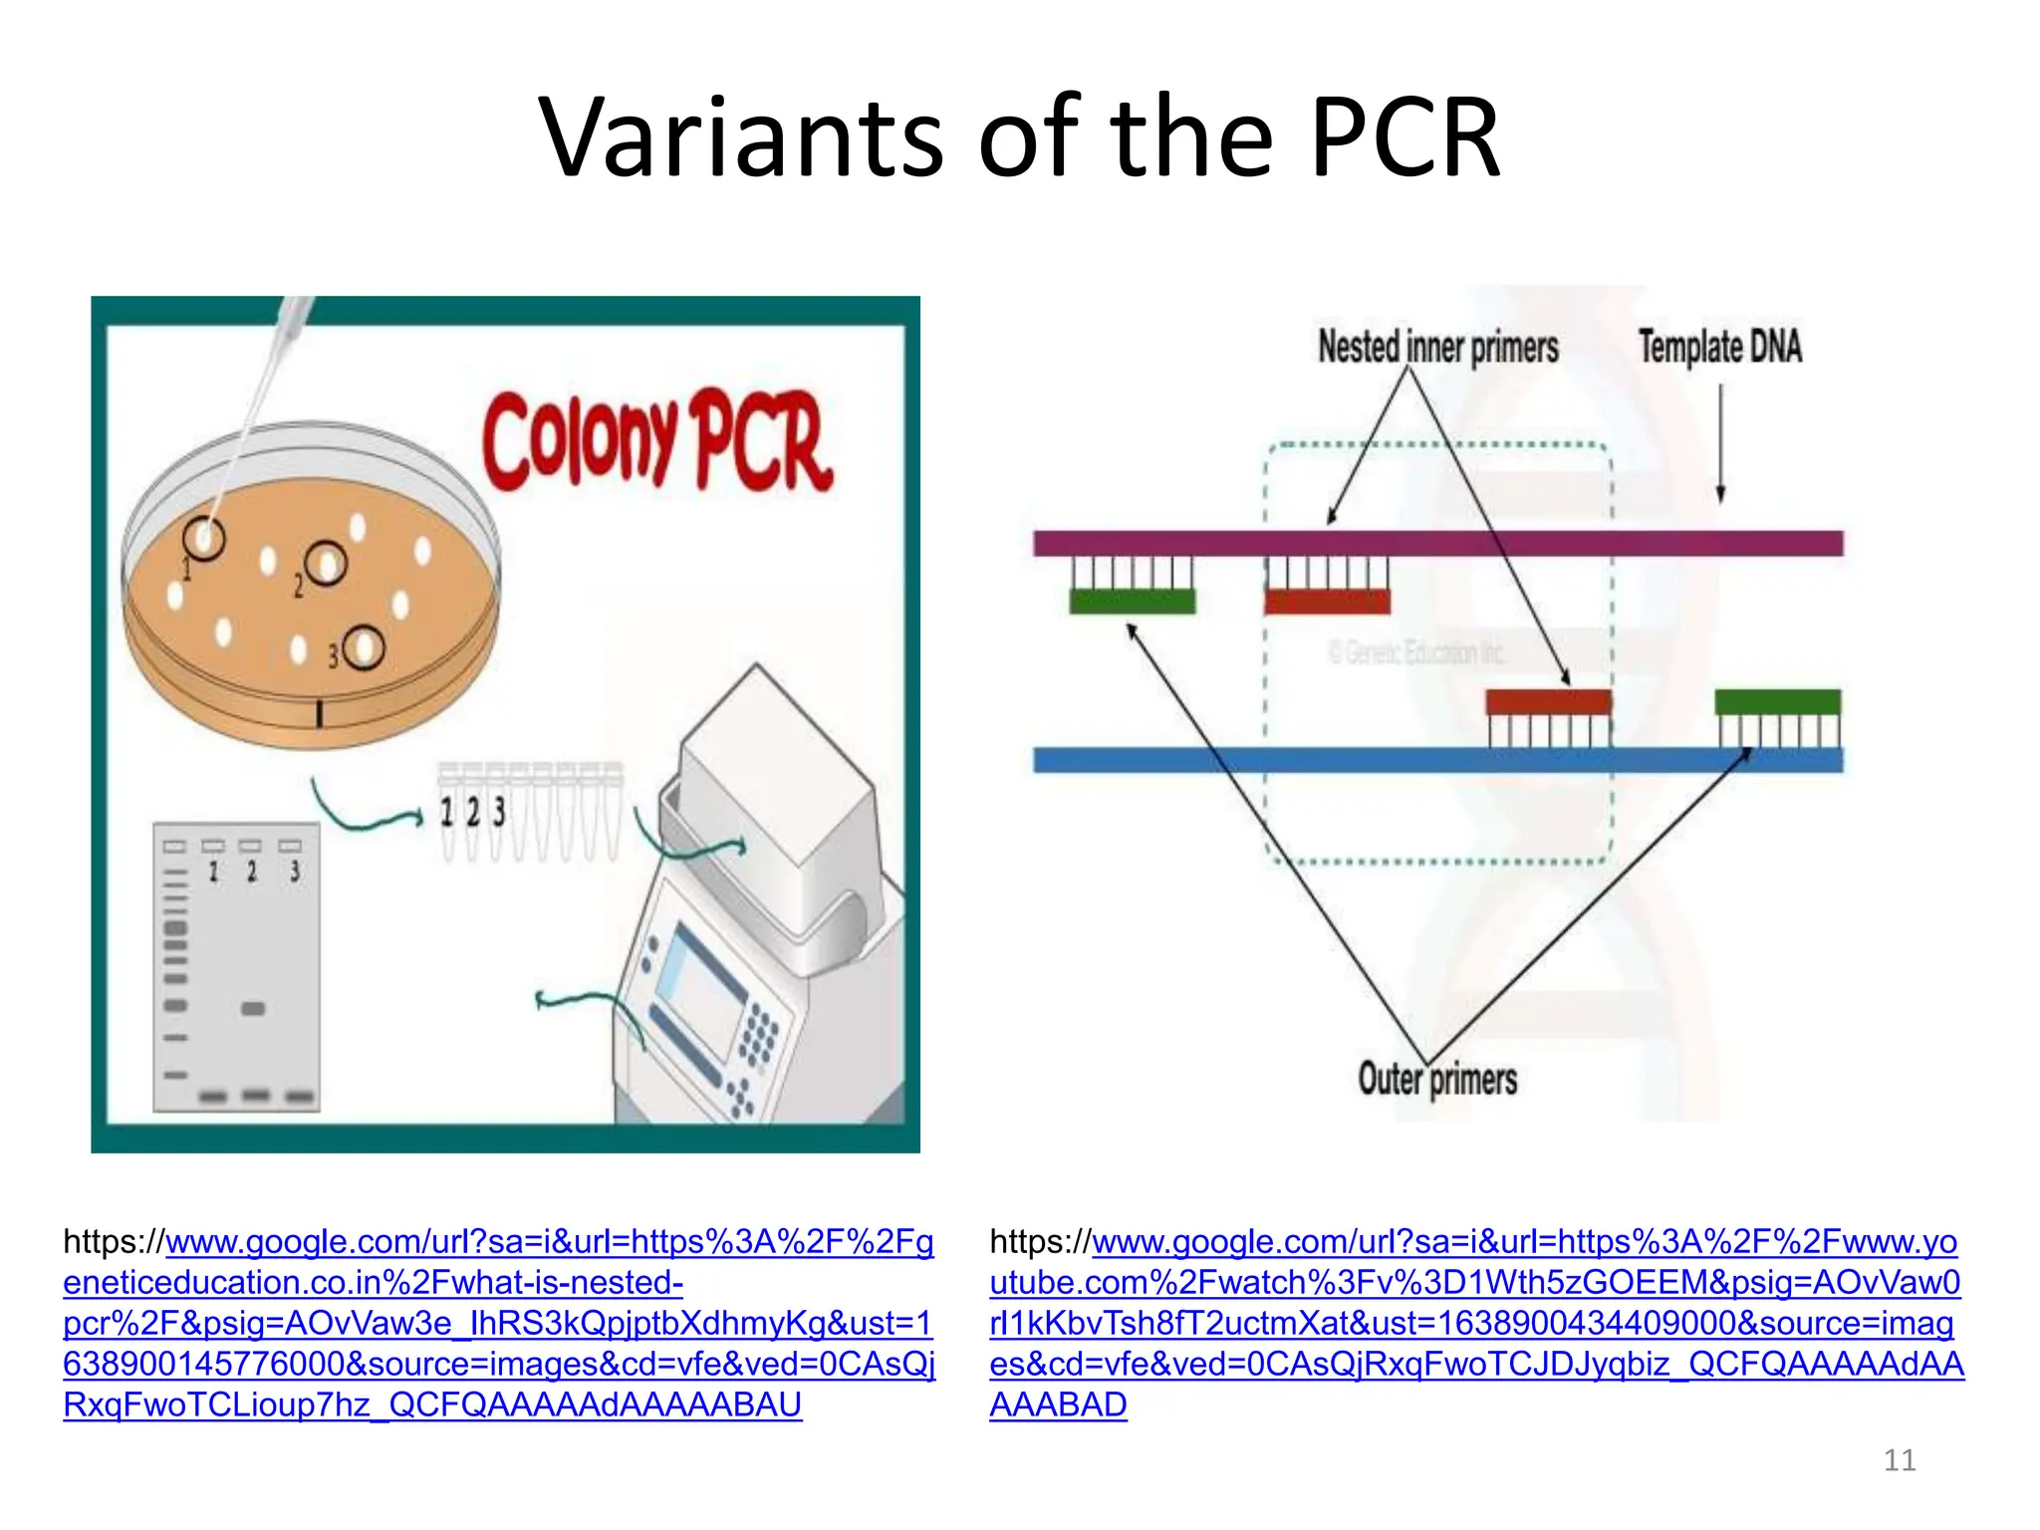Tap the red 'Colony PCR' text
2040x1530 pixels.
click(657, 440)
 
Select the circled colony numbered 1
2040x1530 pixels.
click(205, 539)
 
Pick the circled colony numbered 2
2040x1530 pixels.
click(326, 565)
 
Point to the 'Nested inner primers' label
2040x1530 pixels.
click(1437, 347)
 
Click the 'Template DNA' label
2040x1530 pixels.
click(1720, 347)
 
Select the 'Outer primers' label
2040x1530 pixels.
click(1437, 1079)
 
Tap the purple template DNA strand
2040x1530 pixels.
click(1437, 543)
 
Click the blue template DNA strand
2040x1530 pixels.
click(1437, 760)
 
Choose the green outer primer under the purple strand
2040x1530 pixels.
click(1132, 601)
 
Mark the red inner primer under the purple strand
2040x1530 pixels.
click(1327, 601)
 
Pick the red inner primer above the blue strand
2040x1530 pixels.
click(1548, 701)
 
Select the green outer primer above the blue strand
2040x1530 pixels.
click(1777, 701)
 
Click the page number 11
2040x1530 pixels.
click(1900, 1460)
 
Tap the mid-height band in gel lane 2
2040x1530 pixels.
click(253, 1009)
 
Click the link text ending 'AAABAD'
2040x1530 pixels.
click(1058, 1404)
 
